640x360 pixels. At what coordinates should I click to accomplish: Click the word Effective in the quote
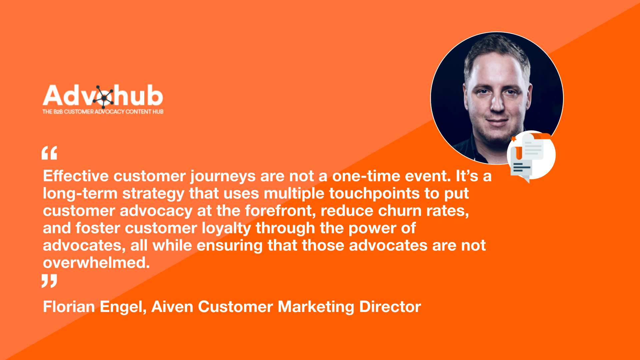(x=76, y=176)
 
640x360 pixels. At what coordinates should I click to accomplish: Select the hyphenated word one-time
(x=366, y=176)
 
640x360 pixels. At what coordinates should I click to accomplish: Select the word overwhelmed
(x=96, y=262)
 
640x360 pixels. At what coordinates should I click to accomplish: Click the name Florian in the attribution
(x=69, y=307)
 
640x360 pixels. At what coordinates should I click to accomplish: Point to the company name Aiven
(x=172, y=307)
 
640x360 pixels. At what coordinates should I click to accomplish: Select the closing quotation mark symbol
(x=49, y=281)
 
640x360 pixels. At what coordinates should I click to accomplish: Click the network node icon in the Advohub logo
(x=104, y=97)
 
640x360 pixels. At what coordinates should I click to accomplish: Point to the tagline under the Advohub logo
(x=103, y=112)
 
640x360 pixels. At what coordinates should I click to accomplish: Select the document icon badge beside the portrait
(x=531, y=155)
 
